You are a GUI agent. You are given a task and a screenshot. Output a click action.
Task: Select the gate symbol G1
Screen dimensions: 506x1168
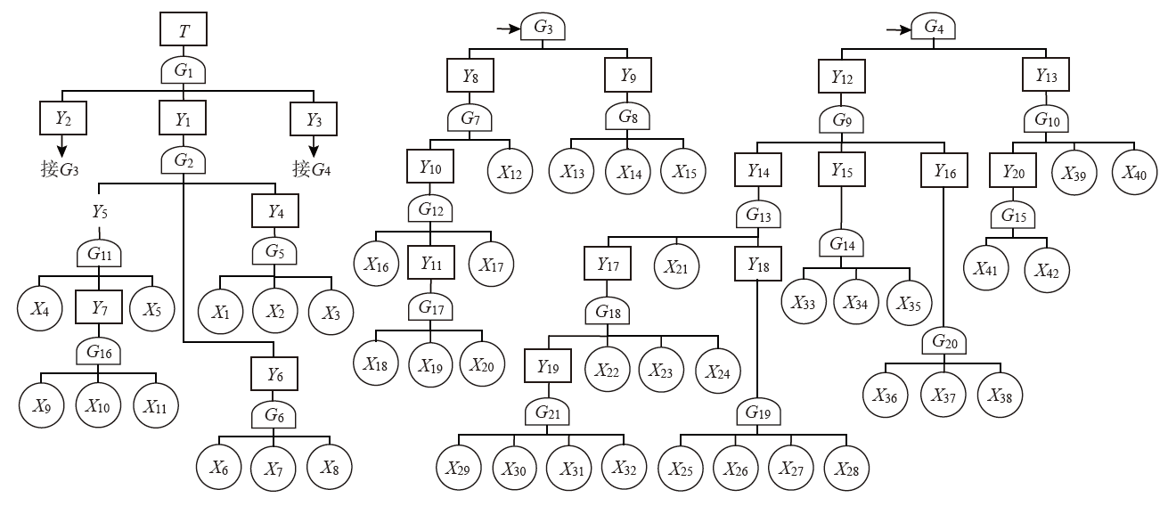tap(184, 70)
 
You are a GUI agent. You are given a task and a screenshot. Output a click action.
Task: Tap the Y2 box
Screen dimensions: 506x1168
tap(62, 118)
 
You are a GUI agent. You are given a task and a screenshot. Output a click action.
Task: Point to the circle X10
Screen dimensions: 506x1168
tap(97, 406)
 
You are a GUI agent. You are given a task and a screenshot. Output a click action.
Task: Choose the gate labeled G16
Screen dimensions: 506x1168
tap(97, 352)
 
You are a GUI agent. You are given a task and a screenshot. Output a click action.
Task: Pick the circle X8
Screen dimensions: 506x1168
tap(329, 467)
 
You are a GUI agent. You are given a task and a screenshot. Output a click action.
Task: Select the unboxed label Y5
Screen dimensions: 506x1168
tap(101, 212)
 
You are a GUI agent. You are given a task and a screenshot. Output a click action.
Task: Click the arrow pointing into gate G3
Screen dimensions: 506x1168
tap(508, 29)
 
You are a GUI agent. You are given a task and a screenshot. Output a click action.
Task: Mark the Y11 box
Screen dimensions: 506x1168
tap(431, 264)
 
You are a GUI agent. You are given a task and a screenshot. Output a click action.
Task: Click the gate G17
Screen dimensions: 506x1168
tap(431, 309)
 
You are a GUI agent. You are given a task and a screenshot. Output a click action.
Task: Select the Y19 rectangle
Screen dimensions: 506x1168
tap(548, 366)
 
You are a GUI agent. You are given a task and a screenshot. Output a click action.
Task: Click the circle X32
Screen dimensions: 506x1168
tap(624, 467)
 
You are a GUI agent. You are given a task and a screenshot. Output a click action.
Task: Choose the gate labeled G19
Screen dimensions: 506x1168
tap(757, 412)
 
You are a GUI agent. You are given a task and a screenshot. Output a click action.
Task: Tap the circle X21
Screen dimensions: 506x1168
tap(676, 265)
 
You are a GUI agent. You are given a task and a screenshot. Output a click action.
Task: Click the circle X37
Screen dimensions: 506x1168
tap(943, 395)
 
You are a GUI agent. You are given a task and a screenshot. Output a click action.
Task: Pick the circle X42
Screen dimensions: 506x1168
tap(1047, 269)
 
